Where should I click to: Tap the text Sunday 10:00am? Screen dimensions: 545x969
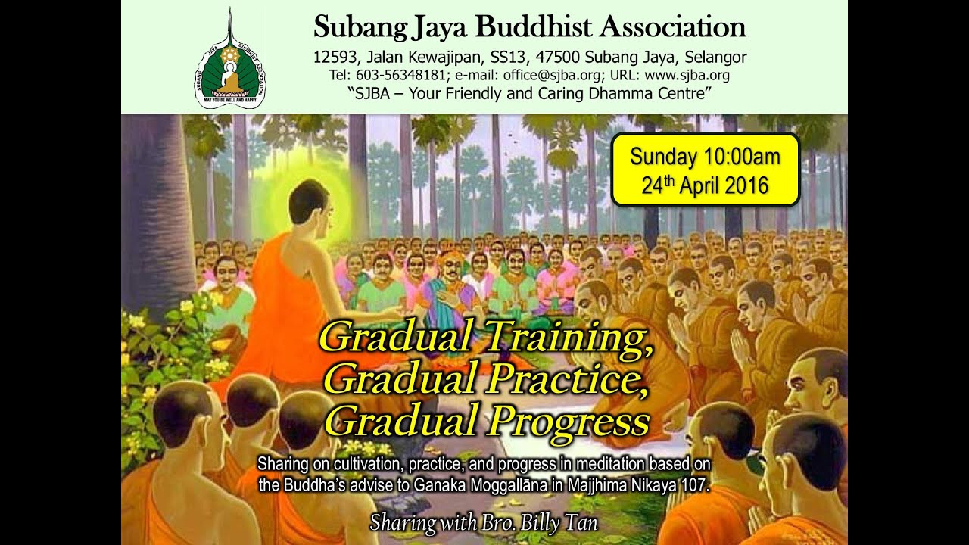point(705,157)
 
